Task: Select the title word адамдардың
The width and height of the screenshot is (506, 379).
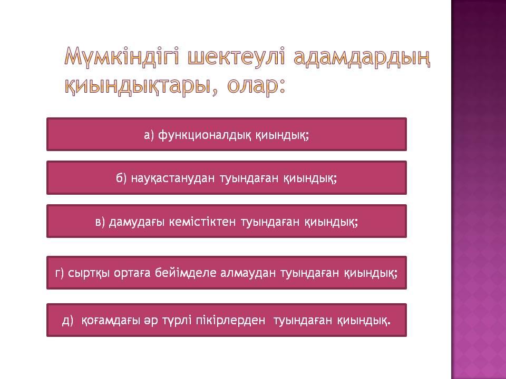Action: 362,57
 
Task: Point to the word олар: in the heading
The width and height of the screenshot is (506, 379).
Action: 256,85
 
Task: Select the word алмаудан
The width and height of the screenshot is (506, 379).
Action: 248,273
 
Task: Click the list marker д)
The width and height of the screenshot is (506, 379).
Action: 67,321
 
